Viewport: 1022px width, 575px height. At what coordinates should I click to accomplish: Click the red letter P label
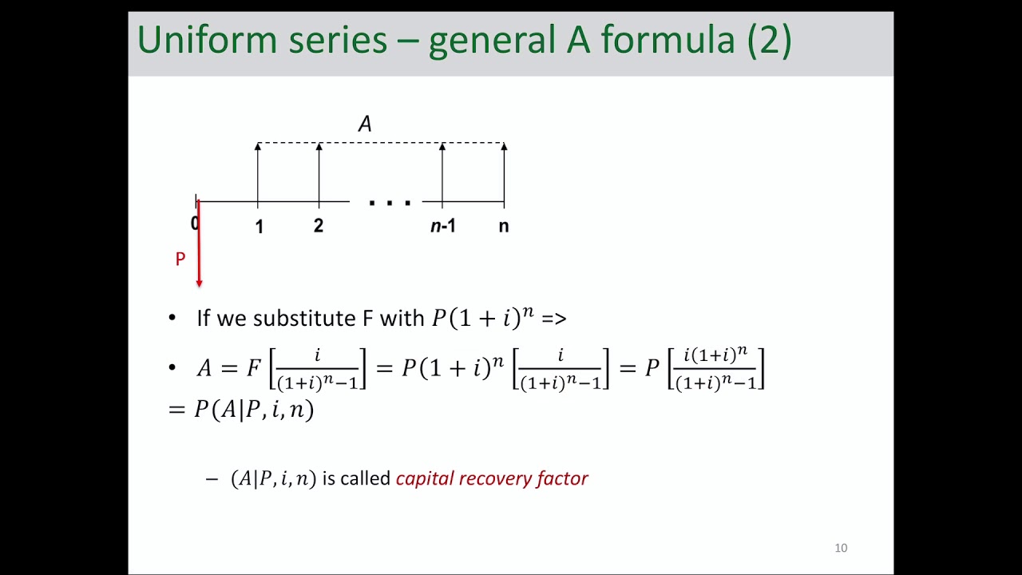(x=180, y=260)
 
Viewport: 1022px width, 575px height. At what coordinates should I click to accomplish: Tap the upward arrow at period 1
(x=258, y=172)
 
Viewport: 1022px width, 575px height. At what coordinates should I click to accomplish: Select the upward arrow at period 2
(x=319, y=172)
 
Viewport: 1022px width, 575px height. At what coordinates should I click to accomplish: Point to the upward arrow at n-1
(x=442, y=172)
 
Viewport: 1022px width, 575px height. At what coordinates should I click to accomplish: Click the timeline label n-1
(x=443, y=227)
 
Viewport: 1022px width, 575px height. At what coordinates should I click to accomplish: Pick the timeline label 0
(x=194, y=224)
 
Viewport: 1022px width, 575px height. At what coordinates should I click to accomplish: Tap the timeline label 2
(x=319, y=227)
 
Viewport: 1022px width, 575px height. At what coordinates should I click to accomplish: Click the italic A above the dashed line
(x=365, y=125)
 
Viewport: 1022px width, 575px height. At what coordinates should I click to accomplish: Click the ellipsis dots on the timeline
(x=390, y=204)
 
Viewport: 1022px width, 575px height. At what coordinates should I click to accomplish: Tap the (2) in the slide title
(x=770, y=40)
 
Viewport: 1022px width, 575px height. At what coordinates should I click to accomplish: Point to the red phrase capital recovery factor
(x=492, y=478)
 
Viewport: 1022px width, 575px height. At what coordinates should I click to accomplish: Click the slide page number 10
(x=841, y=548)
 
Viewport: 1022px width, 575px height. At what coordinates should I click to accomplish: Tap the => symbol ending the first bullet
(x=554, y=319)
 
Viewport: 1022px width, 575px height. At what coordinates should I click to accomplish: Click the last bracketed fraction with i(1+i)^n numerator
(x=716, y=369)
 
